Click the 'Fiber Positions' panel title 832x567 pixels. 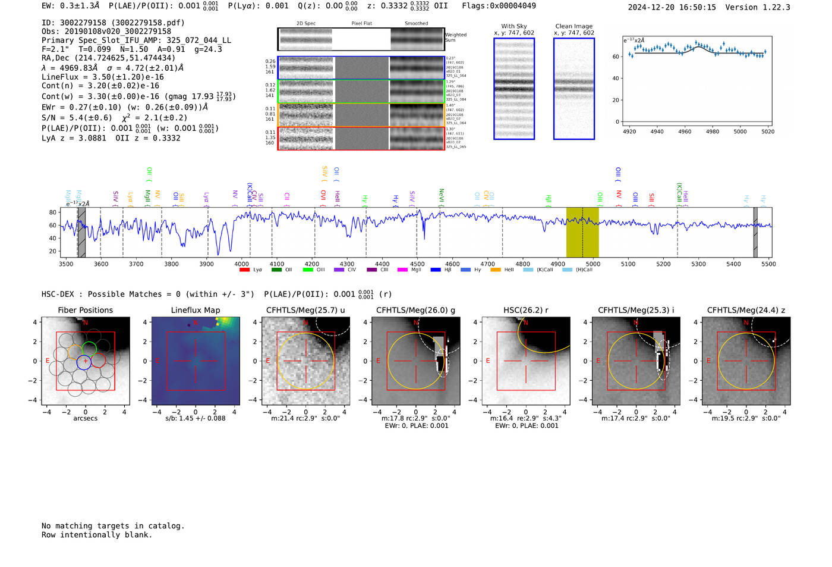point(85,310)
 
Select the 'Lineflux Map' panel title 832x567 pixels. point(195,310)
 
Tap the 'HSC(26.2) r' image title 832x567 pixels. point(525,310)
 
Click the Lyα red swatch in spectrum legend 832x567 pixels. point(244,270)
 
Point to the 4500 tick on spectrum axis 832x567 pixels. point(417,264)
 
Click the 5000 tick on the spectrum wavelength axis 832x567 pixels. point(593,264)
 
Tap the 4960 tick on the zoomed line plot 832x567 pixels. point(685,131)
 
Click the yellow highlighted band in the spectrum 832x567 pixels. point(582,232)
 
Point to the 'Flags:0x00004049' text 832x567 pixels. point(499,6)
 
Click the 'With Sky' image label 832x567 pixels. point(513,26)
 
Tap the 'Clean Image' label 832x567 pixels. point(573,26)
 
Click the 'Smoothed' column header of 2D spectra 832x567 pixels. point(416,24)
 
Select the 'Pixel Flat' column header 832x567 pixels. point(361,24)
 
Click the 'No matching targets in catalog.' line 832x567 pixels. point(113,526)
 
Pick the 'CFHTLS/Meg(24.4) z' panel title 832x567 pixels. point(746,310)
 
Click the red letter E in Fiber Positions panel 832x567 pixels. point(48,361)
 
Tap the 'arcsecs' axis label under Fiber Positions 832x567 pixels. point(85,418)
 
